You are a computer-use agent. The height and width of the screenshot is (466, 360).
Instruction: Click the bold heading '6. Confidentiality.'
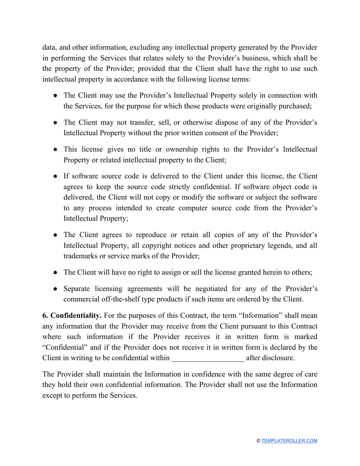pos(72,316)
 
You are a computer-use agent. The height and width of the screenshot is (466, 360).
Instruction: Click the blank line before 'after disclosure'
pos(208,358)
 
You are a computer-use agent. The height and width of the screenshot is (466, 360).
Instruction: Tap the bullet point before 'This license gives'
pos(55,150)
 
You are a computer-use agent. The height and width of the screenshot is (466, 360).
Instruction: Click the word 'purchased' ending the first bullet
pos(296,106)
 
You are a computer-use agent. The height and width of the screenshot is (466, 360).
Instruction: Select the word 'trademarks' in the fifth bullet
pos(80,256)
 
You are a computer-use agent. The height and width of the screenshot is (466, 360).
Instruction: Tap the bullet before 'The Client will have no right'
pos(55,273)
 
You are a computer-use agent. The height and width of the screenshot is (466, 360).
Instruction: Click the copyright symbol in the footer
pos(258,441)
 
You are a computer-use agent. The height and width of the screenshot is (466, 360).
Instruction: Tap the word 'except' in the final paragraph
pos(53,396)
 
